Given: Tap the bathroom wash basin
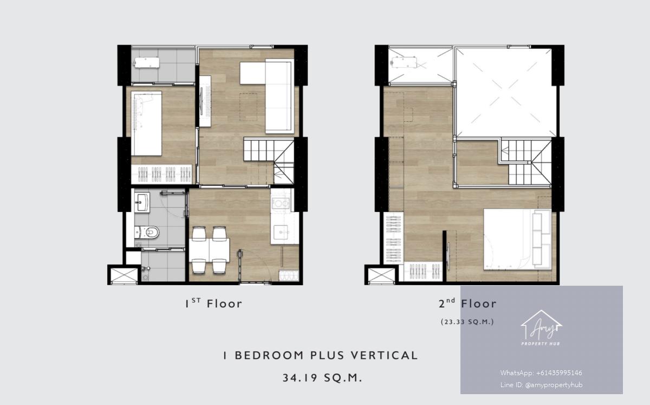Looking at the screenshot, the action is (x=142, y=202).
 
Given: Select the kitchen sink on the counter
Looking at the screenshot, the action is (x=281, y=232).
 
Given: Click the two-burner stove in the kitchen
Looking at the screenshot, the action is (x=281, y=203).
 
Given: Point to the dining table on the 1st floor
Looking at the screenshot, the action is (x=209, y=250).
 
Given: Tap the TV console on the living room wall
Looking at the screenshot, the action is (x=205, y=101).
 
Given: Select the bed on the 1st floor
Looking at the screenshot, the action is (x=146, y=124).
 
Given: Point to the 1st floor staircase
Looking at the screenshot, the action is (x=269, y=160).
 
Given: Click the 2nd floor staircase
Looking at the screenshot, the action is (x=526, y=162).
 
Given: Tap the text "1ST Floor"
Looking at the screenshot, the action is (x=213, y=304).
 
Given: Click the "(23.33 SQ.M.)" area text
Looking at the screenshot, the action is (x=467, y=322).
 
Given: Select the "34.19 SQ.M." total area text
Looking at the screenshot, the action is (x=323, y=378).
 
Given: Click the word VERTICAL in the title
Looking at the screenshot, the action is (x=385, y=355).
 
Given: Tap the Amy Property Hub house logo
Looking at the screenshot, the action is (x=541, y=327).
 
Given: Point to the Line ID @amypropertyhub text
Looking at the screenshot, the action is (x=541, y=385).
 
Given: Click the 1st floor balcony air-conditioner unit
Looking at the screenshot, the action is (x=147, y=63).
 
